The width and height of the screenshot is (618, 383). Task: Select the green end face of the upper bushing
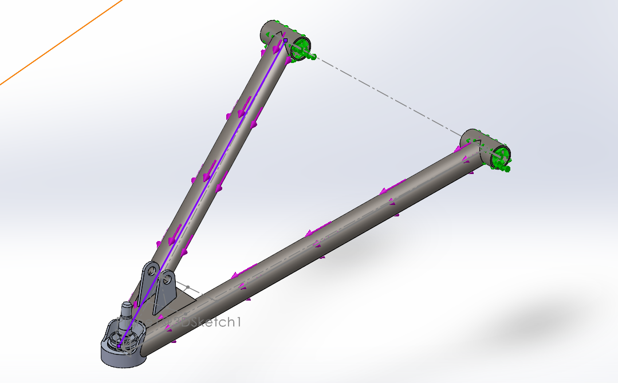(301, 49)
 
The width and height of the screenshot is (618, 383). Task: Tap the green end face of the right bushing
(500, 157)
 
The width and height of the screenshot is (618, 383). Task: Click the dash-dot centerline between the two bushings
(389, 97)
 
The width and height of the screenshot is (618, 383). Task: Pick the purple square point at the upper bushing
(285, 41)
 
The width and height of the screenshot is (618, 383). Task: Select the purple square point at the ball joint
(119, 345)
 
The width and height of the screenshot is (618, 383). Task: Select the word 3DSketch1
(209, 322)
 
